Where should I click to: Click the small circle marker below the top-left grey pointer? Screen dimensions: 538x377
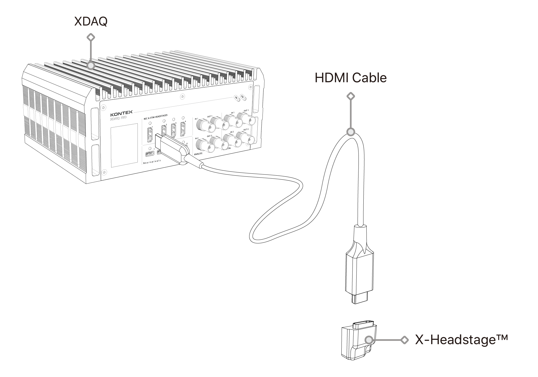tap(91, 65)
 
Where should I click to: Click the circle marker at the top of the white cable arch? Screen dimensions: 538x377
tap(351, 132)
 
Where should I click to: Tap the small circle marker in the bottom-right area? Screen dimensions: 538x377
tap(368, 340)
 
